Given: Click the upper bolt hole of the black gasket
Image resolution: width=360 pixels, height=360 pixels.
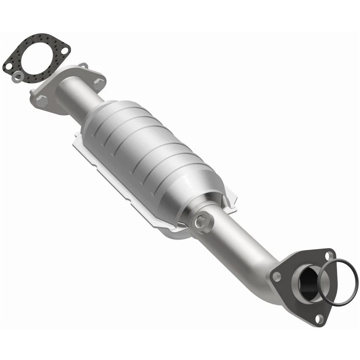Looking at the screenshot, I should [65, 50].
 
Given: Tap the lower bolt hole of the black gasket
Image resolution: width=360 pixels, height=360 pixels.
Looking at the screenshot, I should [8, 67].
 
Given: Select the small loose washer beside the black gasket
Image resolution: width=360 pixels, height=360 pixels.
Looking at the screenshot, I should [16, 77].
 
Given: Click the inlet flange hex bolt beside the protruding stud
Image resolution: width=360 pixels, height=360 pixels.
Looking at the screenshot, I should [42, 100].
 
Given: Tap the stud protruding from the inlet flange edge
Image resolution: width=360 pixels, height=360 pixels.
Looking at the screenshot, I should [32, 91].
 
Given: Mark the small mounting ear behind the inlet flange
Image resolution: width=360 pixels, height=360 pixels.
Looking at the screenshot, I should [83, 66].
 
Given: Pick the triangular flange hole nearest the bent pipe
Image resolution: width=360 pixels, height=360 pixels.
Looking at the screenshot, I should [277, 277].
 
